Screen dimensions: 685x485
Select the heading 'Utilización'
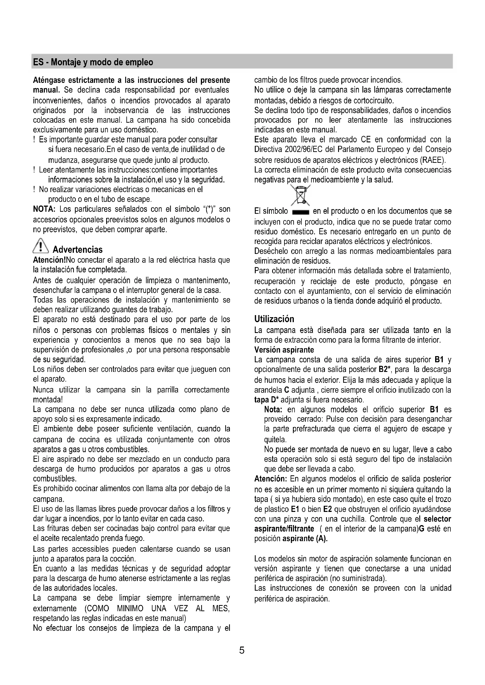coord(274,319)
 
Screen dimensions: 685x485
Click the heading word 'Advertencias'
coord(78,250)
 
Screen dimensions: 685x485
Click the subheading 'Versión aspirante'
coord(284,350)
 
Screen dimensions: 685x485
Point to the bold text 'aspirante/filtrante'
coord(284,529)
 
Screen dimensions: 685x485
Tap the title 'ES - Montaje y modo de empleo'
coord(93,62)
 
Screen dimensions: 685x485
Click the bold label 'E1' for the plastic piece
coord(294,509)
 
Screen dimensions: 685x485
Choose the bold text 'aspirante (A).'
coord(305,539)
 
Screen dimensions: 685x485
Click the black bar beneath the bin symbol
coord(301,213)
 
